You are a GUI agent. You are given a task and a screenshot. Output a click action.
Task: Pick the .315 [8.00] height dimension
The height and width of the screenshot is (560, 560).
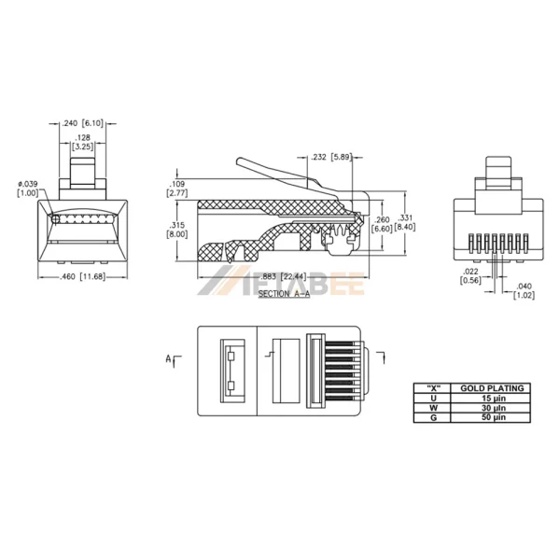(x=177, y=231)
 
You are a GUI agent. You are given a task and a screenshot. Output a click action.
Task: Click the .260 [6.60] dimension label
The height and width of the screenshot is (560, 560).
(x=382, y=224)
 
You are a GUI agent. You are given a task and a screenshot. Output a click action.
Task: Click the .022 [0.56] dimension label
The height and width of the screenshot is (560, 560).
(x=471, y=276)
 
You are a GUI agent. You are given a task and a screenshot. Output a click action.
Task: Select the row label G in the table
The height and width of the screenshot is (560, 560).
(x=432, y=418)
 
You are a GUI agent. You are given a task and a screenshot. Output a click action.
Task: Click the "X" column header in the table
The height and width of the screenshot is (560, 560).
(x=432, y=387)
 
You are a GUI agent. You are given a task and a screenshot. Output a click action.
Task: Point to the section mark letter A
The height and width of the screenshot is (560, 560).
(x=168, y=357)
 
